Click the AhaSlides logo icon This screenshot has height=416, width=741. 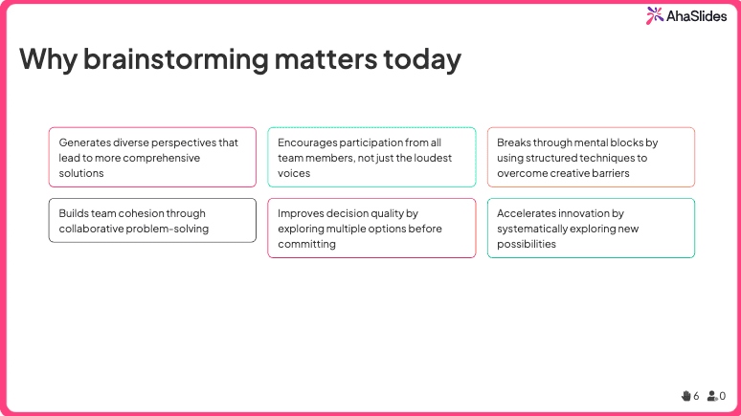pyautogui.click(x=654, y=15)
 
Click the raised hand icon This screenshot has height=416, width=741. pyautogui.click(x=685, y=395)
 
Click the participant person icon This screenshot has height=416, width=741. pyautogui.click(x=712, y=395)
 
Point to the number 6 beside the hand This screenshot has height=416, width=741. pyautogui.click(x=696, y=395)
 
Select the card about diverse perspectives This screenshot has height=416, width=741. pyautogui.click(x=152, y=157)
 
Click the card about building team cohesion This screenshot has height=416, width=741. pyautogui.click(x=152, y=220)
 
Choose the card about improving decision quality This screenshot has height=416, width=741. pyautogui.click(x=371, y=228)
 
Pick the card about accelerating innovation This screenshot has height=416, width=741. pyautogui.click(x=591, y=228)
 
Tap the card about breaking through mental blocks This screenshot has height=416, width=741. pyautogui.click(x=591, y=157)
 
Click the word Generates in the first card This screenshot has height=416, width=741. pyautogui.click(x=85, y=142)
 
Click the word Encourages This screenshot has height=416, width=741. pyautogui.click(x=309, y=142)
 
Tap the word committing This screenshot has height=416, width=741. pyautogui.click(x=306, y=244)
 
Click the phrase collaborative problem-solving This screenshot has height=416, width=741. pyautogui.click(x=133, y=229)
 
